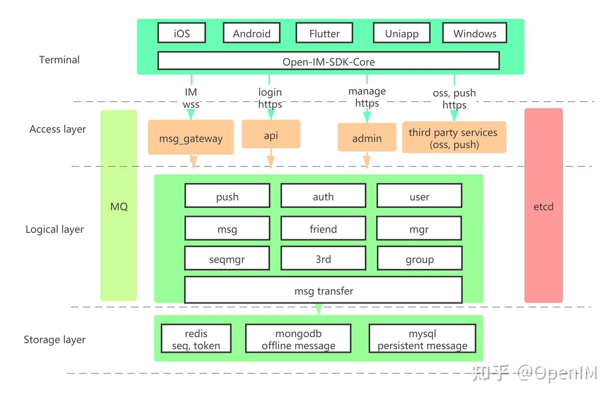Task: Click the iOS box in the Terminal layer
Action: (x=182, y=33)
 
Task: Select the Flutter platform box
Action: (x=324, y=33)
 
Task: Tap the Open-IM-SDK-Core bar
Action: (x=328, y=61)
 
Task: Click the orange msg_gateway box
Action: (x=191, y=137)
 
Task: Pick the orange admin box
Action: (x=367, y=137)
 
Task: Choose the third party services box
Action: (x=454, y=137)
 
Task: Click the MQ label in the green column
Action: (x=119, y=206)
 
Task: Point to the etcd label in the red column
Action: (x=544, y=206)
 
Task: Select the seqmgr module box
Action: (x=227, y=258)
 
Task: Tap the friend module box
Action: (x=323, y=228)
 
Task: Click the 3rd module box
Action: (x=323, y=258)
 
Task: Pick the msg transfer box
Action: (x=323, y=290)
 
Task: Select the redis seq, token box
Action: (x=196, y=338)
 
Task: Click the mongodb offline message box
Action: (x=298, y=338)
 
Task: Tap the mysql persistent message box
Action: (x=422, y=338)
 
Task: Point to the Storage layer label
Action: (x=55, y=340)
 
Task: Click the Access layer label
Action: (x=57, y=129)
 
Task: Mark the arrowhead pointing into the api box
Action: (x=271, y=114)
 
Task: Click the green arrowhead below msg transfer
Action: (x=318, y=309)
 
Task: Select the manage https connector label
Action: (x=367, y=97)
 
